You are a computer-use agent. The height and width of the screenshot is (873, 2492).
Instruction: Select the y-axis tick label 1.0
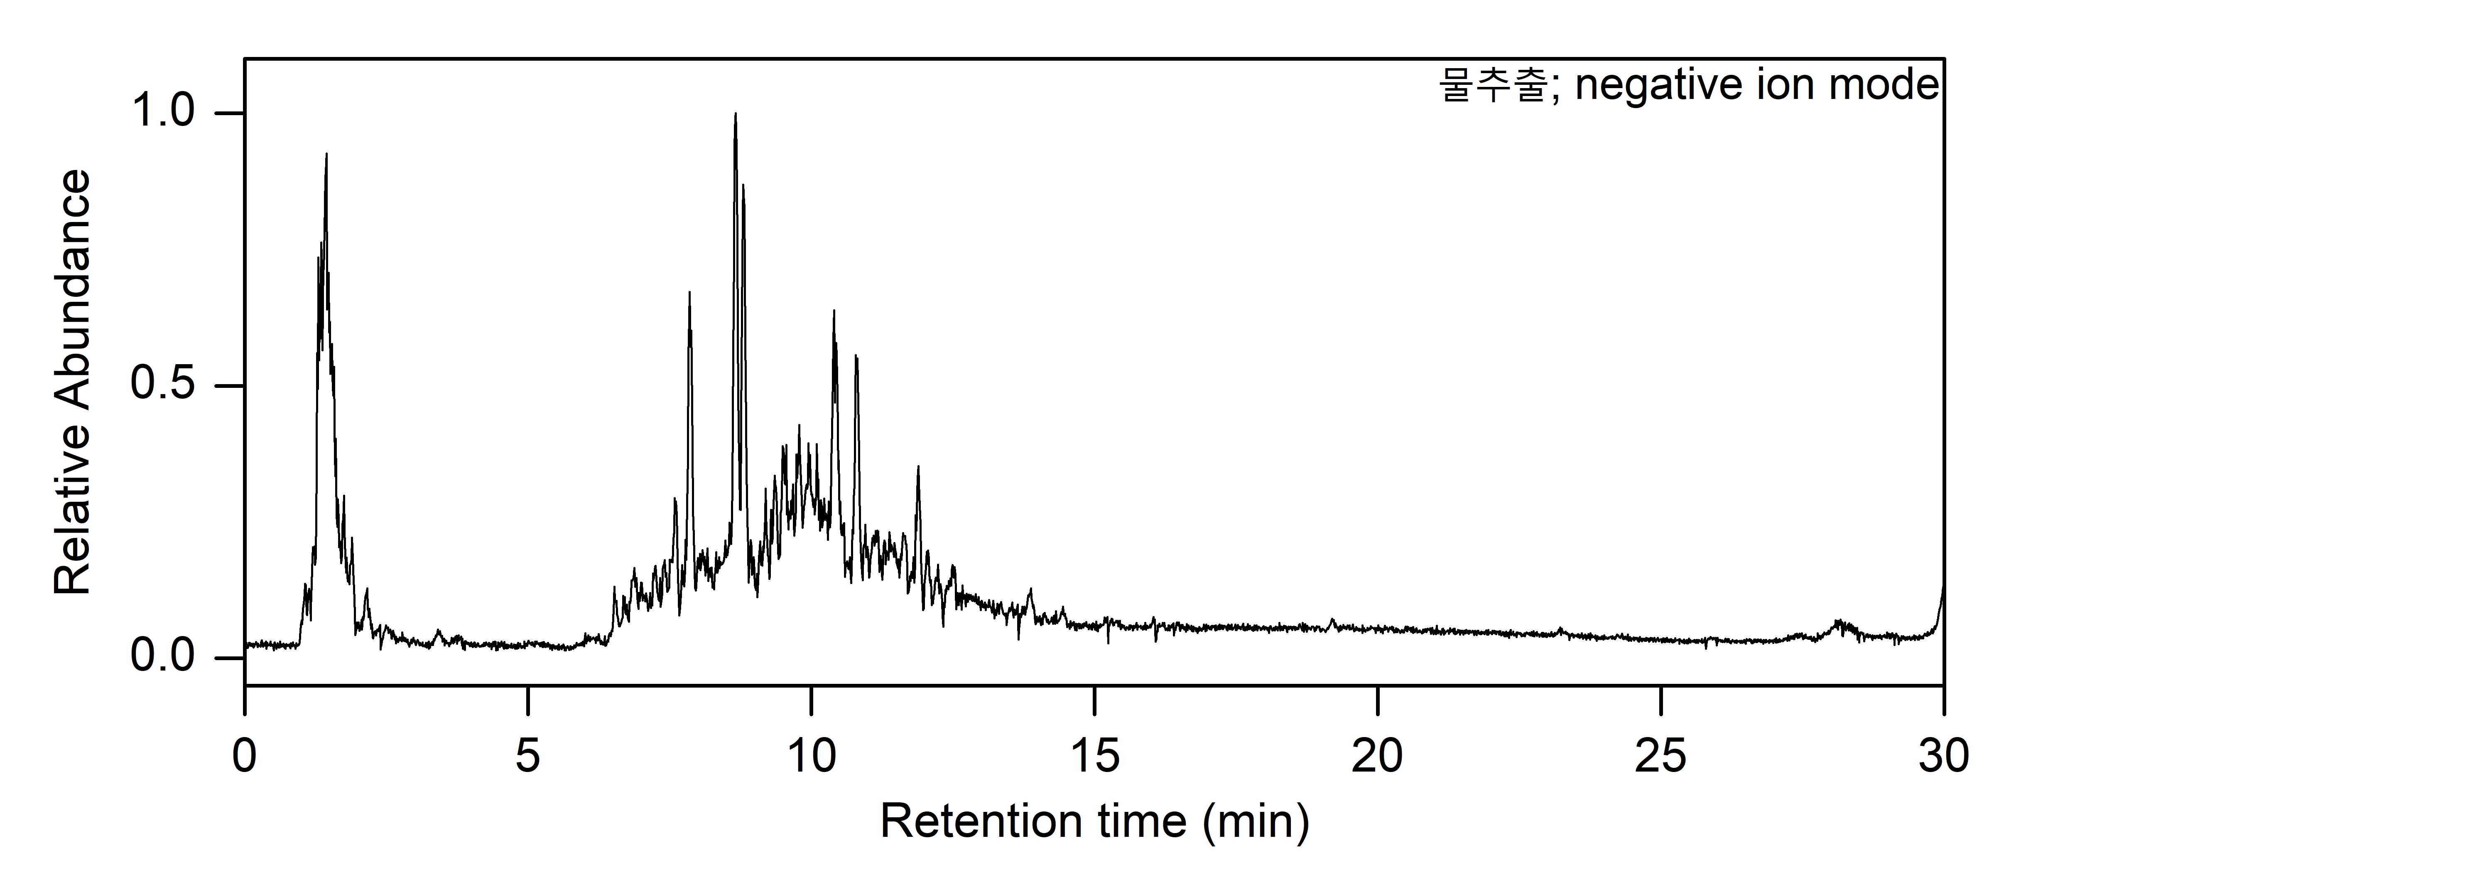click(x=162, y=112)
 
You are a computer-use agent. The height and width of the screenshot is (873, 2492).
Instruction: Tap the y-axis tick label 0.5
click(x=162, y=385)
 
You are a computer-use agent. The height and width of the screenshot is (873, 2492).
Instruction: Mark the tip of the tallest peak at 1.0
click(x=735, y=114)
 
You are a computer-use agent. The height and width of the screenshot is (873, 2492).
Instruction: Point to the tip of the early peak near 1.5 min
click(x=326, y=154)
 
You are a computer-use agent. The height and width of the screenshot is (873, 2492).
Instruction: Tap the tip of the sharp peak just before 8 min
click(x=689, y=292)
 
